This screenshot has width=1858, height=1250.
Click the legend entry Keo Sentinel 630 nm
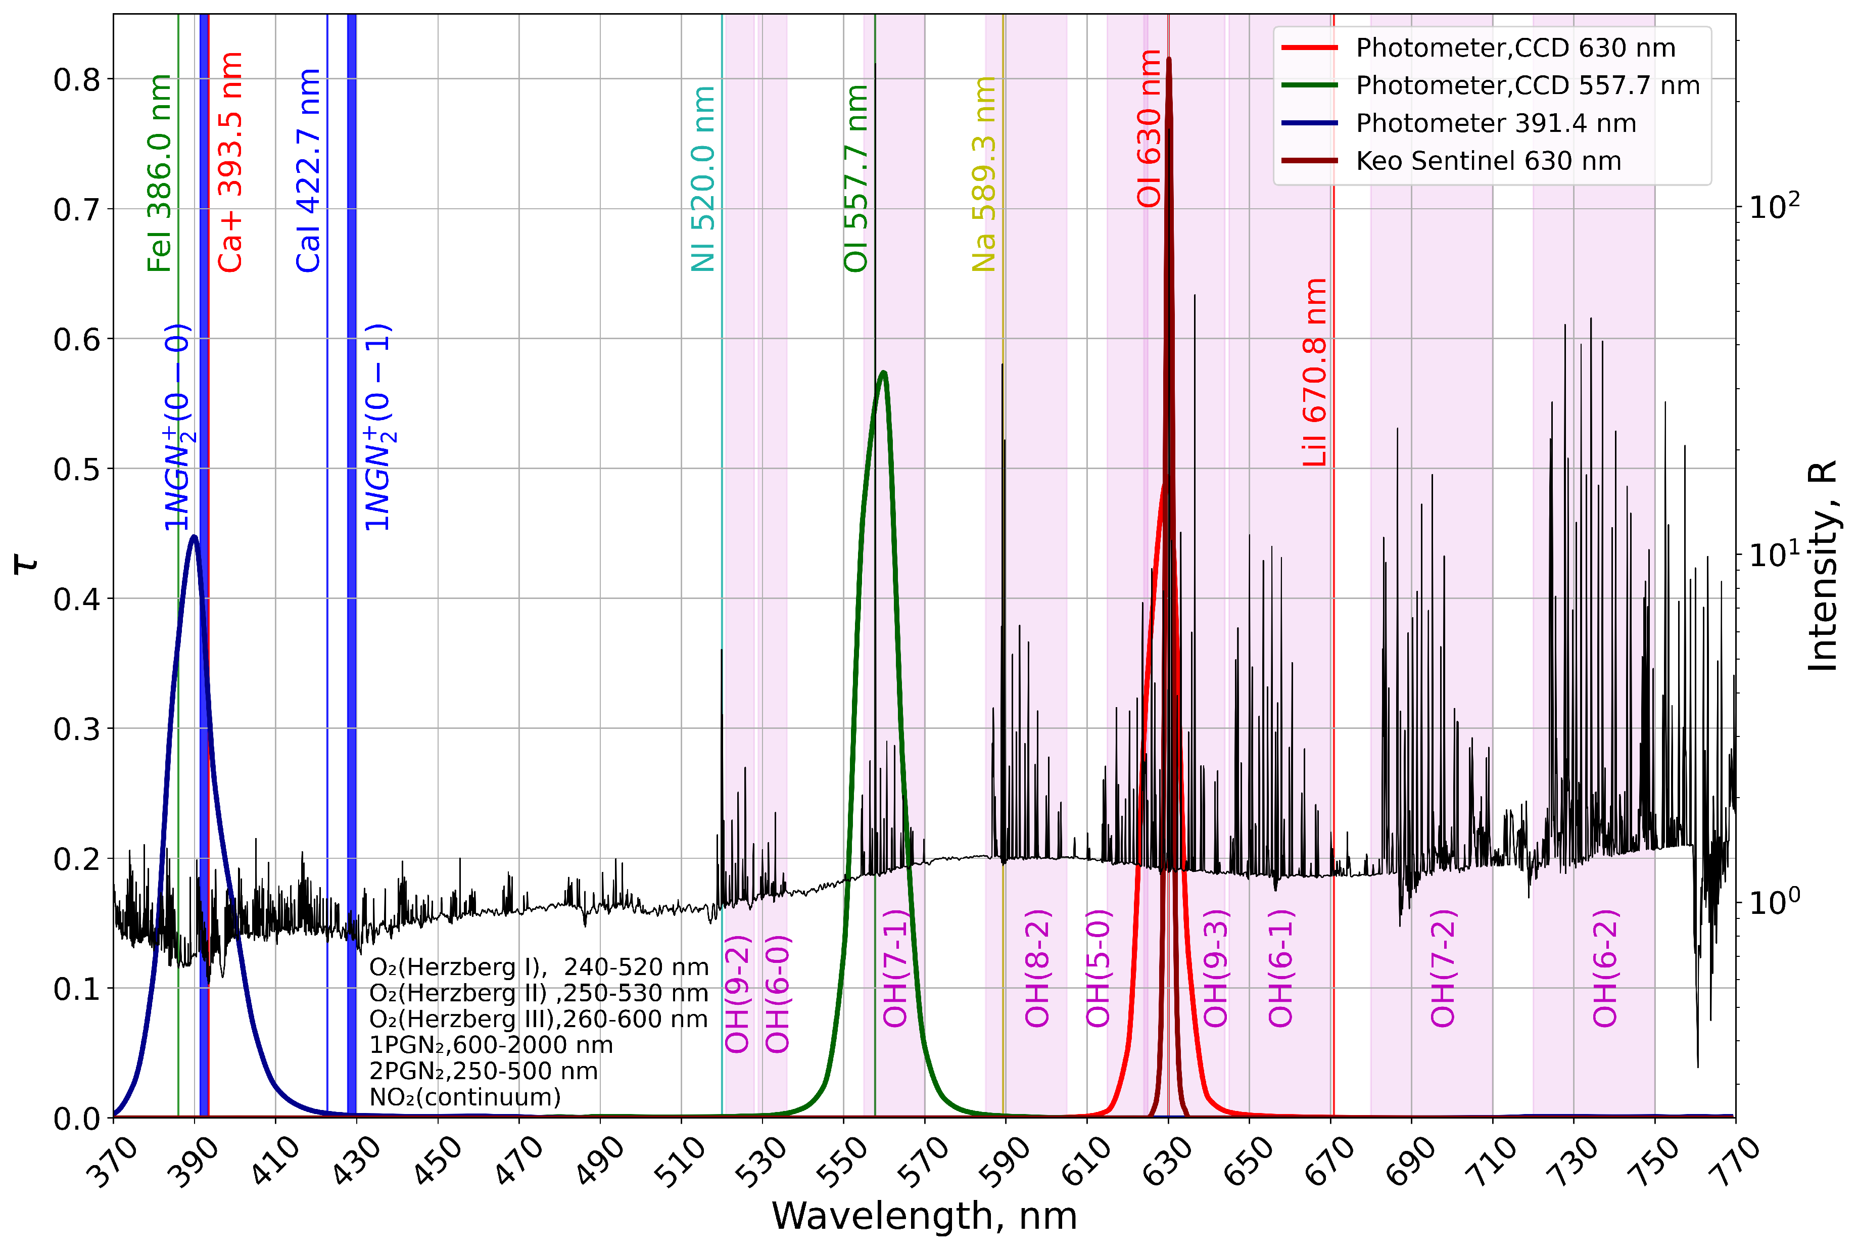pos(1488,161)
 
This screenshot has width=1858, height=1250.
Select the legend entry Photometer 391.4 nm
pos(1496,123)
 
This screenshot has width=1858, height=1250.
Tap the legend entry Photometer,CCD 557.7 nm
pos(1528,85)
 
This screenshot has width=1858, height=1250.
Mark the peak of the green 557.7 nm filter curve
pos(883,373)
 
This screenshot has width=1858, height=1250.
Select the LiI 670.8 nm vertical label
pos(1315,373)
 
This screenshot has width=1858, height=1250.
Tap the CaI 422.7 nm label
pos(308,171)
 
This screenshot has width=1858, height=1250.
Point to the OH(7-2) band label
pos(1443,968)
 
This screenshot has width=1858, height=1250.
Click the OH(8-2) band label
pos(1037,968)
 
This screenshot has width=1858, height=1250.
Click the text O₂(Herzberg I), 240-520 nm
pos(539,967)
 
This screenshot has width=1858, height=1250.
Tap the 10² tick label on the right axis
pos(1774,206)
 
